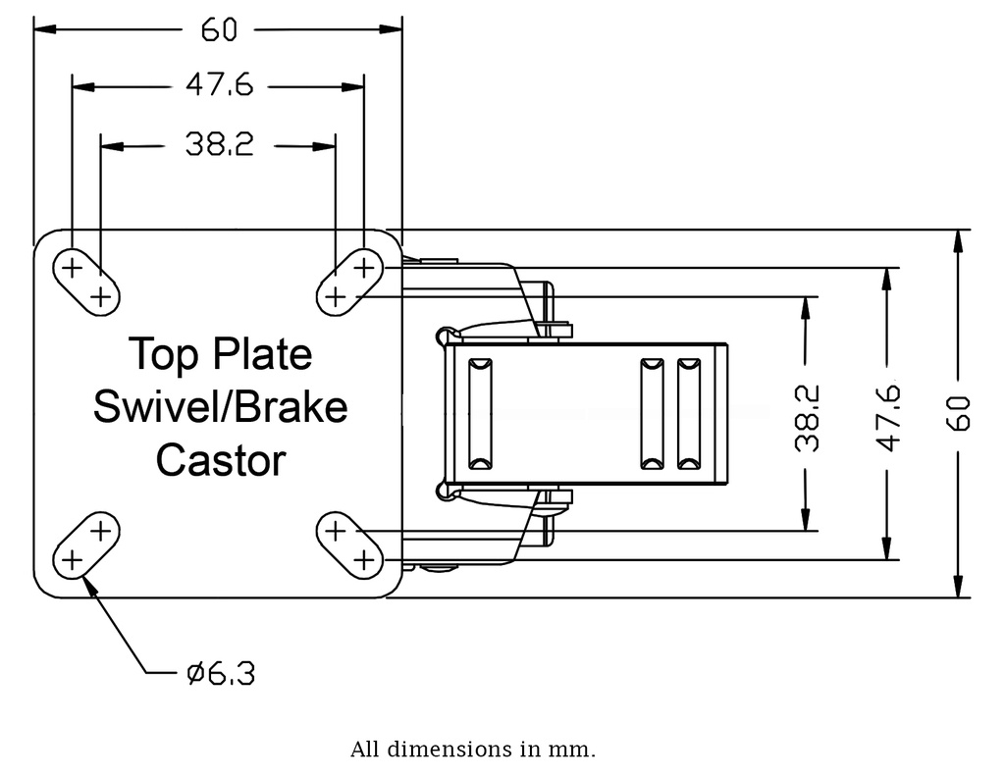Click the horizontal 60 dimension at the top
pos(219,30)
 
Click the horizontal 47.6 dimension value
pos(219,86)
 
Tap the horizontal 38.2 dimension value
pos(219,145)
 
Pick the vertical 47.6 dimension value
pos(888,417)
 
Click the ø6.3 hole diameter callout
pos(221,673)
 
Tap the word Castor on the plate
pos(221,459)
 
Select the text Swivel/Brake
pos(220,406)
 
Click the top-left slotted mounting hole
pos(84,281)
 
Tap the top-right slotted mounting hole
pos(349,281)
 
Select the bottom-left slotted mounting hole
pos(84,545)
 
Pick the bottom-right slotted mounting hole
pos(349,545)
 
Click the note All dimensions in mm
pos(472,751)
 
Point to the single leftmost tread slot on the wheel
pos(481,413)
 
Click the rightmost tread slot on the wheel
pos(690,413)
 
